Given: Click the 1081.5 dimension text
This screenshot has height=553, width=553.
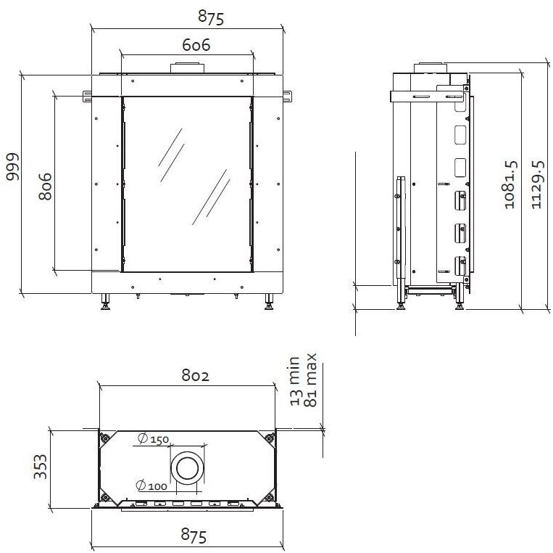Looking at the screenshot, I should (510, 185).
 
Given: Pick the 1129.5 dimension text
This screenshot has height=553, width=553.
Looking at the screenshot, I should (537, 185).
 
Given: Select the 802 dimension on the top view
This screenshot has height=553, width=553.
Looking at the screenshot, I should (195, 376).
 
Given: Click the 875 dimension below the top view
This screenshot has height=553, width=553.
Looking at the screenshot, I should (194, 536).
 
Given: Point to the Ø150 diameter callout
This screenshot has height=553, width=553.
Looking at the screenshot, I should (152, 439).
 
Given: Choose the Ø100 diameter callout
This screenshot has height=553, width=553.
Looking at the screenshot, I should (151, 486).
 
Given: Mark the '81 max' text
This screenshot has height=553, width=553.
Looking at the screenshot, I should (312, 380).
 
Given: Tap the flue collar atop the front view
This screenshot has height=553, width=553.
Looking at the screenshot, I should (188, 68).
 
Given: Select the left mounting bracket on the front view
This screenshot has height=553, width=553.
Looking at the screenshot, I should (88, 95).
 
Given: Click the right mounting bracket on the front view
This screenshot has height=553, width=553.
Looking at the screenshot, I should (287, 95).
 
